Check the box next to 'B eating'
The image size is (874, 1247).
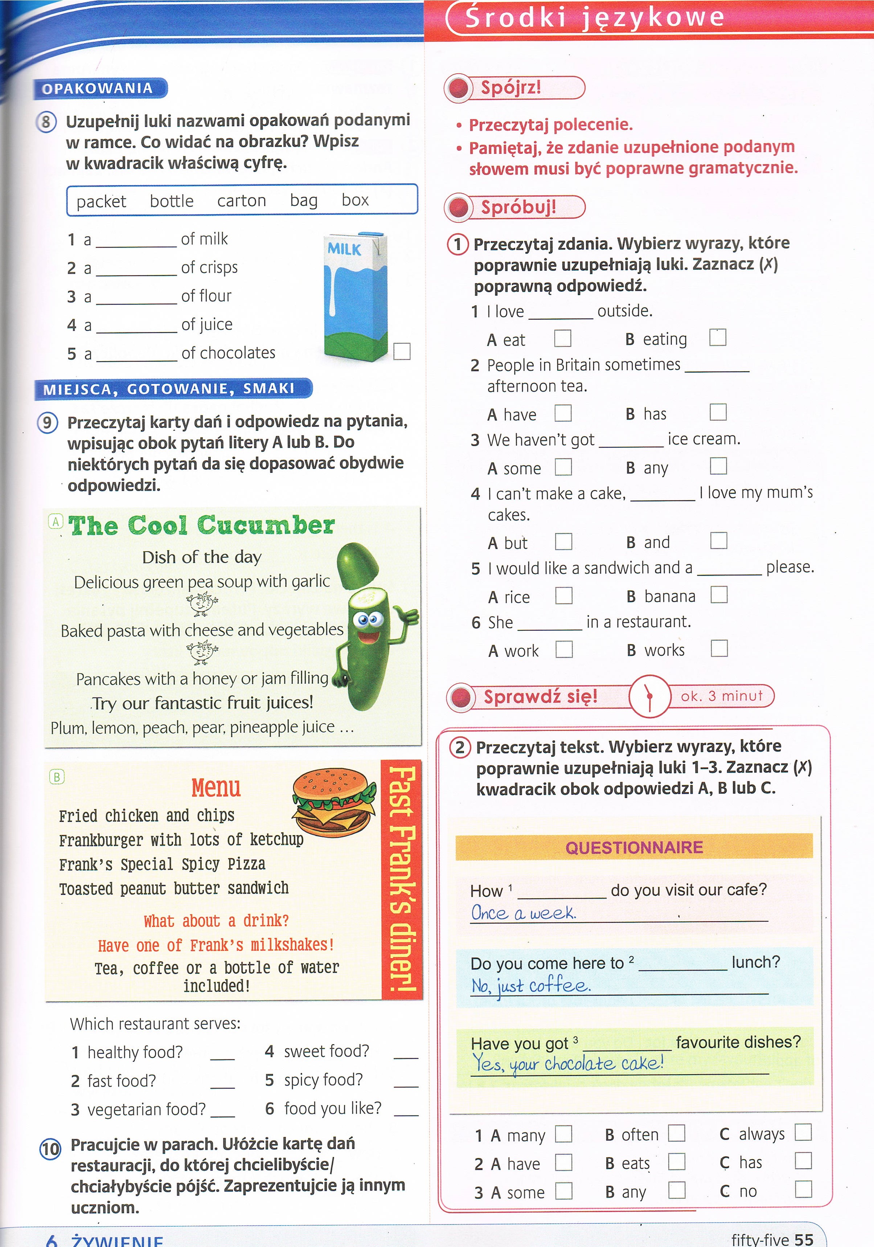(717, 338)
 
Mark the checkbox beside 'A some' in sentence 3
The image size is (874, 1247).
(563, 467)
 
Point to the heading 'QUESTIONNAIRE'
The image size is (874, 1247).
(634, 847)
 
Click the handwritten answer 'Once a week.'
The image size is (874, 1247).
(523, 913)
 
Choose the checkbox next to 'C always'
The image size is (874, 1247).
(803, 1132)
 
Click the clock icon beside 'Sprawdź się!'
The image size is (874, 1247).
(649, 696)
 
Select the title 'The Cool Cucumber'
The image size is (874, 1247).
(201, 526)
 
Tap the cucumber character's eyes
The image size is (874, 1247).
(368, 620)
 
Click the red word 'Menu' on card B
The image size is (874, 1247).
(216, 788)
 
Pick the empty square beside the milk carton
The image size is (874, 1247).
(402, 351)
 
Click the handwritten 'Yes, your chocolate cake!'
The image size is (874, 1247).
(567, 1063)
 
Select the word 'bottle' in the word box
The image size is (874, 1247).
(172, 201)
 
